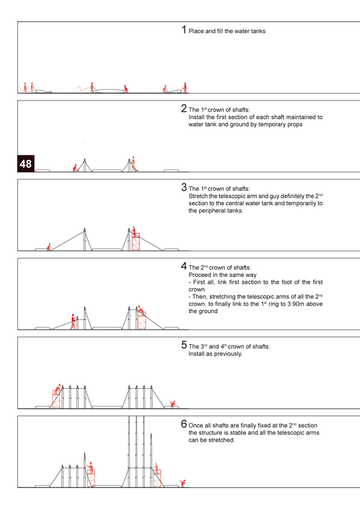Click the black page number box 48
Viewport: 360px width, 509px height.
pos(25,164)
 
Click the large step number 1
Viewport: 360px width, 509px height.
pos(184,29)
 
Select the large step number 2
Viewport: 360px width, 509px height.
pos(184,108)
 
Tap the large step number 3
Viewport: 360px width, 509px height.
pos(184,187)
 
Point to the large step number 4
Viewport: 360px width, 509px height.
pos(184,266)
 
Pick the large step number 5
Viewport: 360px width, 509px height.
pos(184,345)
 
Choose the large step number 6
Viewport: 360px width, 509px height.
pos(184,424)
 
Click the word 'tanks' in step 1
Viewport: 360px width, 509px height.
pos(258,31)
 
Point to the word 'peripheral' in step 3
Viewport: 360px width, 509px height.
pos(211,211)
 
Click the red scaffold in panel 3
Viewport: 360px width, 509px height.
pos(135,242)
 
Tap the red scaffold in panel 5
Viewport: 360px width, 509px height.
pos(57,399)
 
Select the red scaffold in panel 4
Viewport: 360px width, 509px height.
pos(142,321)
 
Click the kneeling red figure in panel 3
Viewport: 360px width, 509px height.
pos(49,247)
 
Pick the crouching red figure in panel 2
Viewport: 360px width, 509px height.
pos(75,168)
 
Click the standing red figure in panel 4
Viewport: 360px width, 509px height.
pos(73,322)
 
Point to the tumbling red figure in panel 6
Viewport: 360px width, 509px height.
pos(183,483)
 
